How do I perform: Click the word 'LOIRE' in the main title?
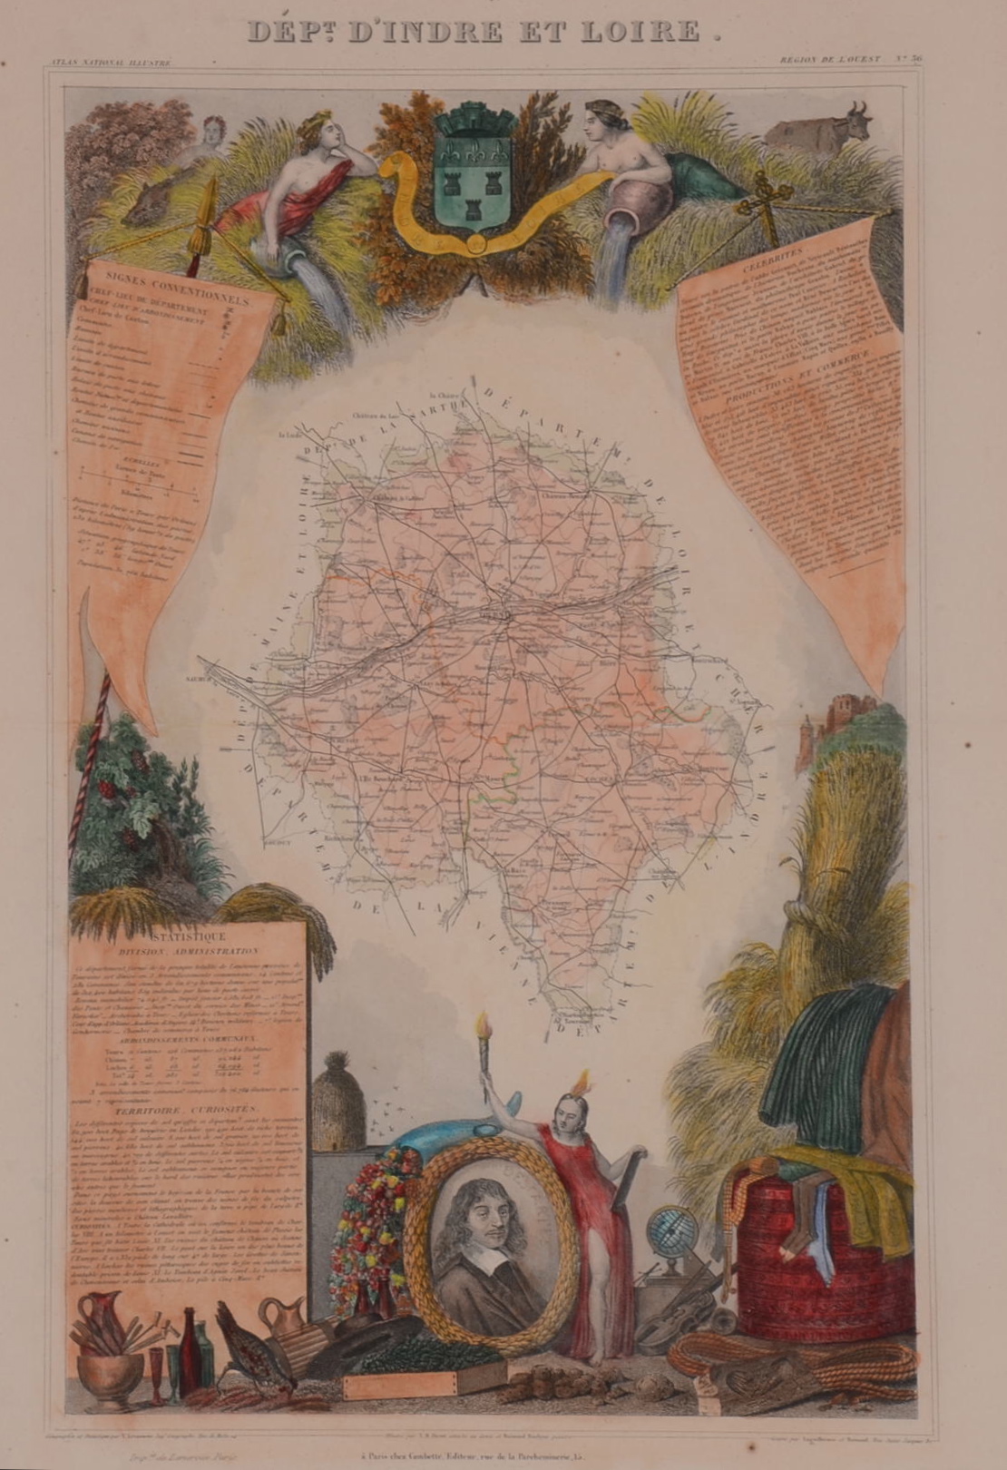tap(635, 34)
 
